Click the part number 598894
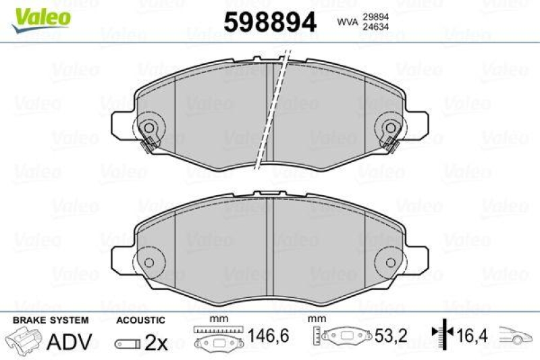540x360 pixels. (270, 22)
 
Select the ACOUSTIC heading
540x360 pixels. (140, 320)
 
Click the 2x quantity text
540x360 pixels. (156, 342)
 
